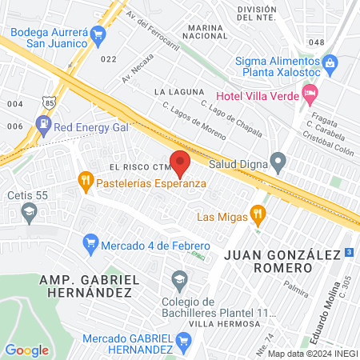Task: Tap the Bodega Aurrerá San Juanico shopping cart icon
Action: (98, 34)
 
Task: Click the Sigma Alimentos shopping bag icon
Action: (329, 62)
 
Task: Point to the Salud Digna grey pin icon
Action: (278, 163)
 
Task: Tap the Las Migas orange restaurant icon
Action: (257, 214)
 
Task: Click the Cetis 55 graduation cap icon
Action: (30, 212)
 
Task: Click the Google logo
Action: (26, 350)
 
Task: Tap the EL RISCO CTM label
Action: (130, 166)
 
